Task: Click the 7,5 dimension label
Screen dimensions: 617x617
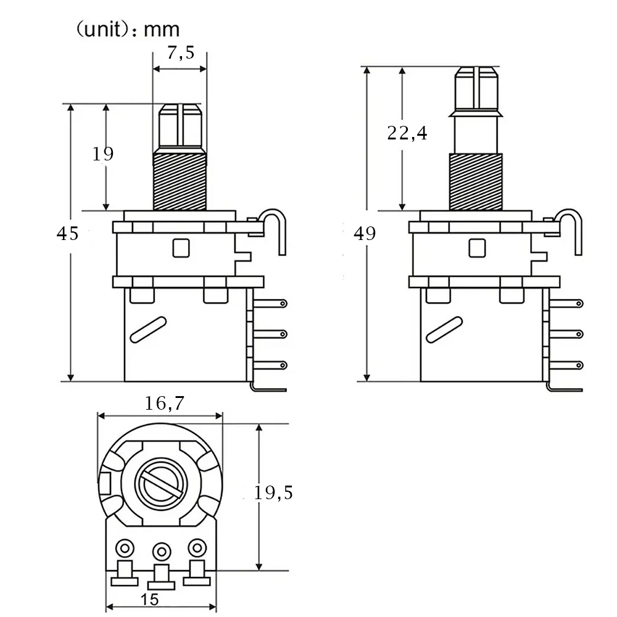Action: pyautogui.click(x=181, y=52)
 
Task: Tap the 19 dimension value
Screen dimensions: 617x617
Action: pyautogui.click(x=102, y=154)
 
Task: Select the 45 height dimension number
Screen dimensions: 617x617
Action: pyautogui.click(x=67, y=234)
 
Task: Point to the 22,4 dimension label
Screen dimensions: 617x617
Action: pyautogui.click(x=407, y=133)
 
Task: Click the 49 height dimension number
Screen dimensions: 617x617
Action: pyautogui.click(x=365, y=234)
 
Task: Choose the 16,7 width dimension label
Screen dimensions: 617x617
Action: pyautogui.click(x=165, y=403)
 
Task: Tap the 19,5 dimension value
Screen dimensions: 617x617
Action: pyautogui.click(x=273, y=492)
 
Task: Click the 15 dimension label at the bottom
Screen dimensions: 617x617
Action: pyautogui.click(x=149, y=599)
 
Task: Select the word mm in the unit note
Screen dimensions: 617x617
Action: pyautogui.click(x=161, y=30)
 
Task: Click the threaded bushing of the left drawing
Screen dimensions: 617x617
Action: pyautogui.click(x=180, y=181)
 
